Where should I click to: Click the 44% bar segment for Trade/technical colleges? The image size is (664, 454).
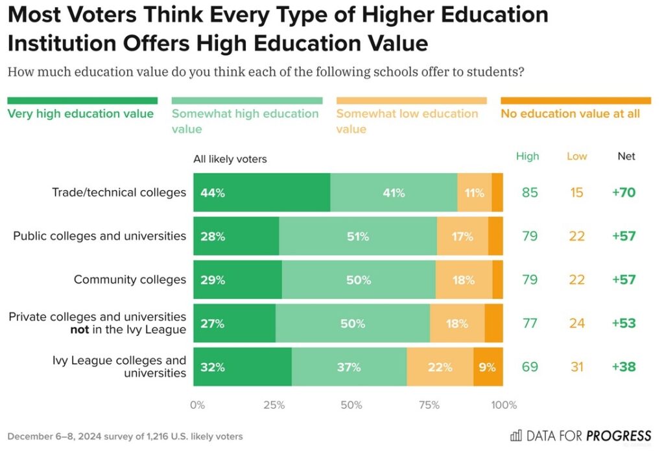click(x=261, y=193)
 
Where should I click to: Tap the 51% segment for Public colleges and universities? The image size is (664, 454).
click(x=357, y=237)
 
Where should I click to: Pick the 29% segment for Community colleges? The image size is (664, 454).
click(x=237, y=280)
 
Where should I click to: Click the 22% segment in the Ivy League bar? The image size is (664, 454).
click(x=440, y=367)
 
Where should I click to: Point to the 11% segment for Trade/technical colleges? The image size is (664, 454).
click(x=474, y=193)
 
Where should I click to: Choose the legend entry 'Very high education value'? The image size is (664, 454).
click(x=80, y=113)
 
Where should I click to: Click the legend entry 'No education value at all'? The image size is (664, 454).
click(x=570, y=113)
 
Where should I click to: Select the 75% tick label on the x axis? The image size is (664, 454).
click(x=429, y=405)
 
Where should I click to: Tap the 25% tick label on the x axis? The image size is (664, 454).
click(x=274, y=405)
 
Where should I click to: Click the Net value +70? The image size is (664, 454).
click(x=623, y=193)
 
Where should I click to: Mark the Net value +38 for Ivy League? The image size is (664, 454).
click(x=623, y=367)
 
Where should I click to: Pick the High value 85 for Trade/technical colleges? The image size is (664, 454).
click(x=530, y=193)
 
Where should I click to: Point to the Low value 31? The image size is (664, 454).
click(x=576, y=367)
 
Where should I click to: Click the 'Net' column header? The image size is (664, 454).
click(x=626, y=156)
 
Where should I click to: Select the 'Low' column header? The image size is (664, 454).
click(x=576, y=156)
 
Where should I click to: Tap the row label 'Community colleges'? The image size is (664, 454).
click(x=130, y=280)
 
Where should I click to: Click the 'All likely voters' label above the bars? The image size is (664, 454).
click(x=230, y=159)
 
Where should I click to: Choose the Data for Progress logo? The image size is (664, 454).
click(x=580, y=435)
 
